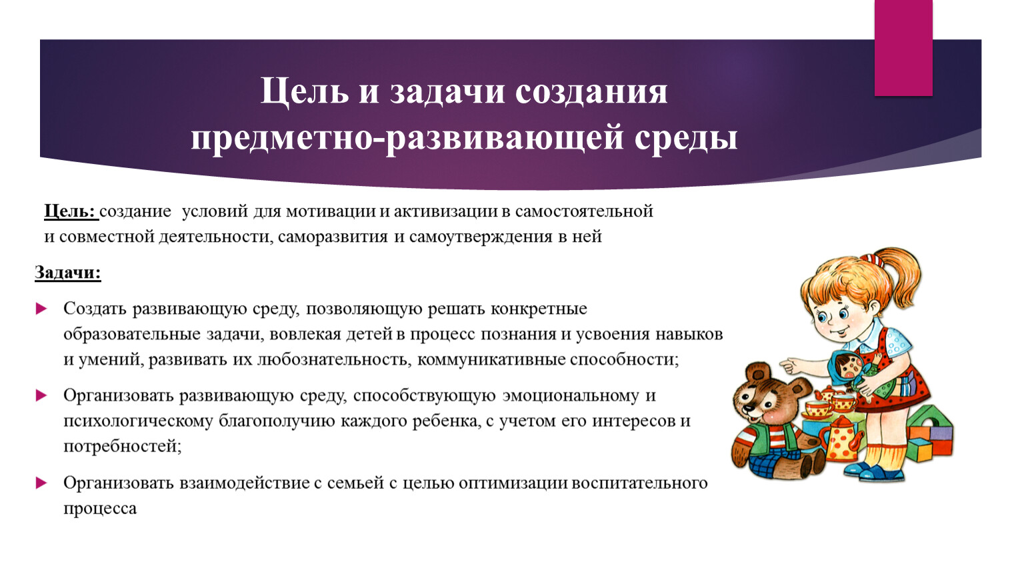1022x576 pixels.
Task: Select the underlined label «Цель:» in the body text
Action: pyautogui.click(x=71, y=212)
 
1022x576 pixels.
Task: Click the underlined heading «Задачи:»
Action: pyautogui.click(x=68, y=273)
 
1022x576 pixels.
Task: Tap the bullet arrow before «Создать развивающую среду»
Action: pyautogui.click(x=41, y=309)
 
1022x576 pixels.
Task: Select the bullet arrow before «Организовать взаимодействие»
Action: pyautogui.click(x=41, y=483)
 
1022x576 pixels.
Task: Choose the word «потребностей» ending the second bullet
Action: pyautogui.click(x=122, y=446)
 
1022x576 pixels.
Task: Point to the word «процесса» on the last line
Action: pyautogui.click(x=100, y=509)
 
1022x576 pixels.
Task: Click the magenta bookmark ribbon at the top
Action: pyautogui.click(x=903, y=48)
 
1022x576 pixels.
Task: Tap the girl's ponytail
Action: pyautogui.click(x=901, y=279)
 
